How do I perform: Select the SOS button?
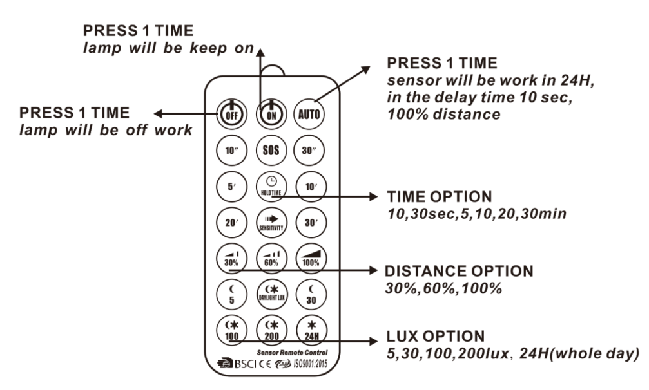(270, 152)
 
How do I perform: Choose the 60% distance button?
(270, 259)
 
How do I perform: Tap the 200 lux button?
(270, 331)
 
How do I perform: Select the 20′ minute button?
(231, 223)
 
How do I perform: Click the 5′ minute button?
(231, 188)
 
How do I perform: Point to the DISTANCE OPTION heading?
(459, 271)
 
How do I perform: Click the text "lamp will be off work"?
(106, 129)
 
